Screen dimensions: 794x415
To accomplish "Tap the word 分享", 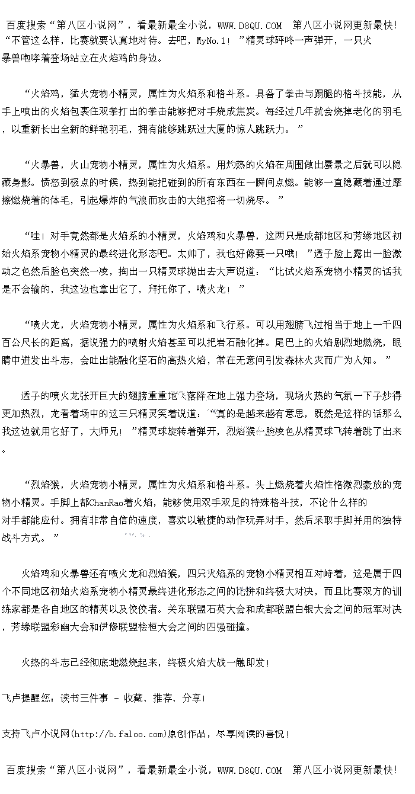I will click(x=192, y=698).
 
